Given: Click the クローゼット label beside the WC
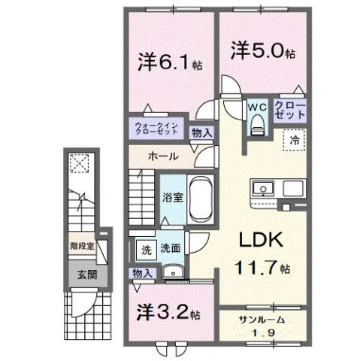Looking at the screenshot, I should [x=289, y=109].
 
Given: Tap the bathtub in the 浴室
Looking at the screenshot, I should [x=200, y=197].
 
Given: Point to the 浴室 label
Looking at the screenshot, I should [x=171, y=198].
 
